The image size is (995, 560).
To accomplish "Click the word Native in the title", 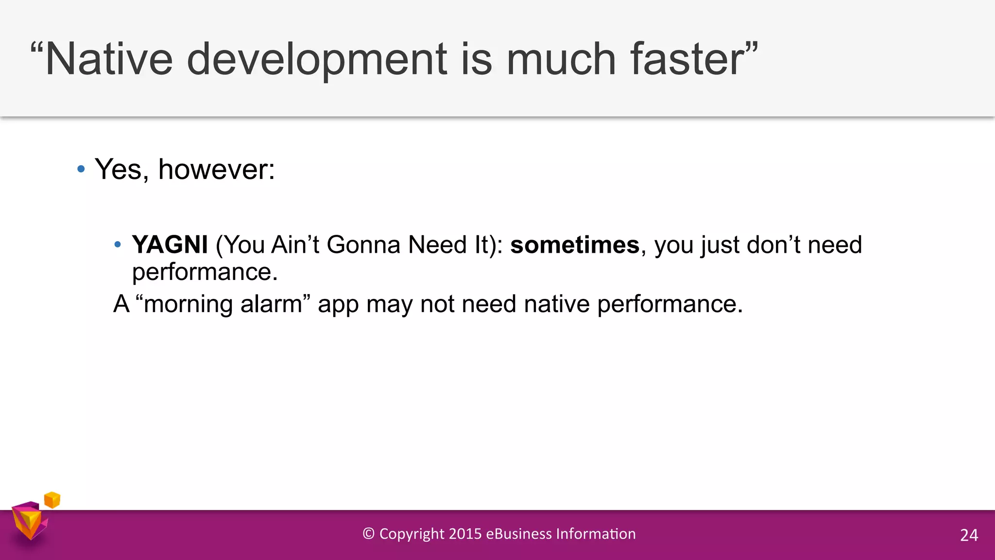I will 108,59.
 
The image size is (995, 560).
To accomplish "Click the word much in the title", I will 561,59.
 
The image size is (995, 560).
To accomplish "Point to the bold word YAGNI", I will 170,245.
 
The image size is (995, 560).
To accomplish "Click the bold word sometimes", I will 575,245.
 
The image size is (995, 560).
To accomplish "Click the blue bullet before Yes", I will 81,169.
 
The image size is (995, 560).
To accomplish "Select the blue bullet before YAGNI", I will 117,245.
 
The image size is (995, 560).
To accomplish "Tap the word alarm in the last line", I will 271,304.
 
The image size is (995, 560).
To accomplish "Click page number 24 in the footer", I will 969,535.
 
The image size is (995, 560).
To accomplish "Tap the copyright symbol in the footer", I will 369,534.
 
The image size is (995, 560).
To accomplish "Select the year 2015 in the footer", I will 465,534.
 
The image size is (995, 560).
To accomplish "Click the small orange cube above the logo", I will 52,500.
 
